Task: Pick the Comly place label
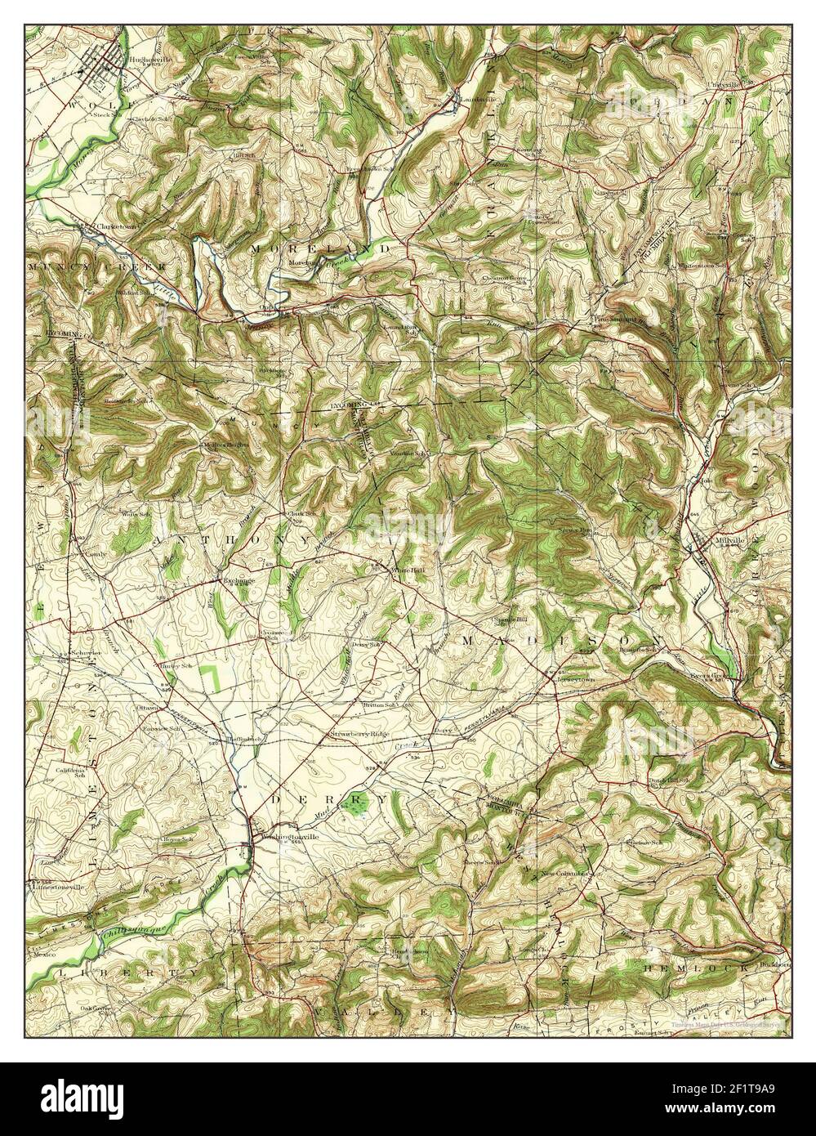[x=87, y=553]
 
